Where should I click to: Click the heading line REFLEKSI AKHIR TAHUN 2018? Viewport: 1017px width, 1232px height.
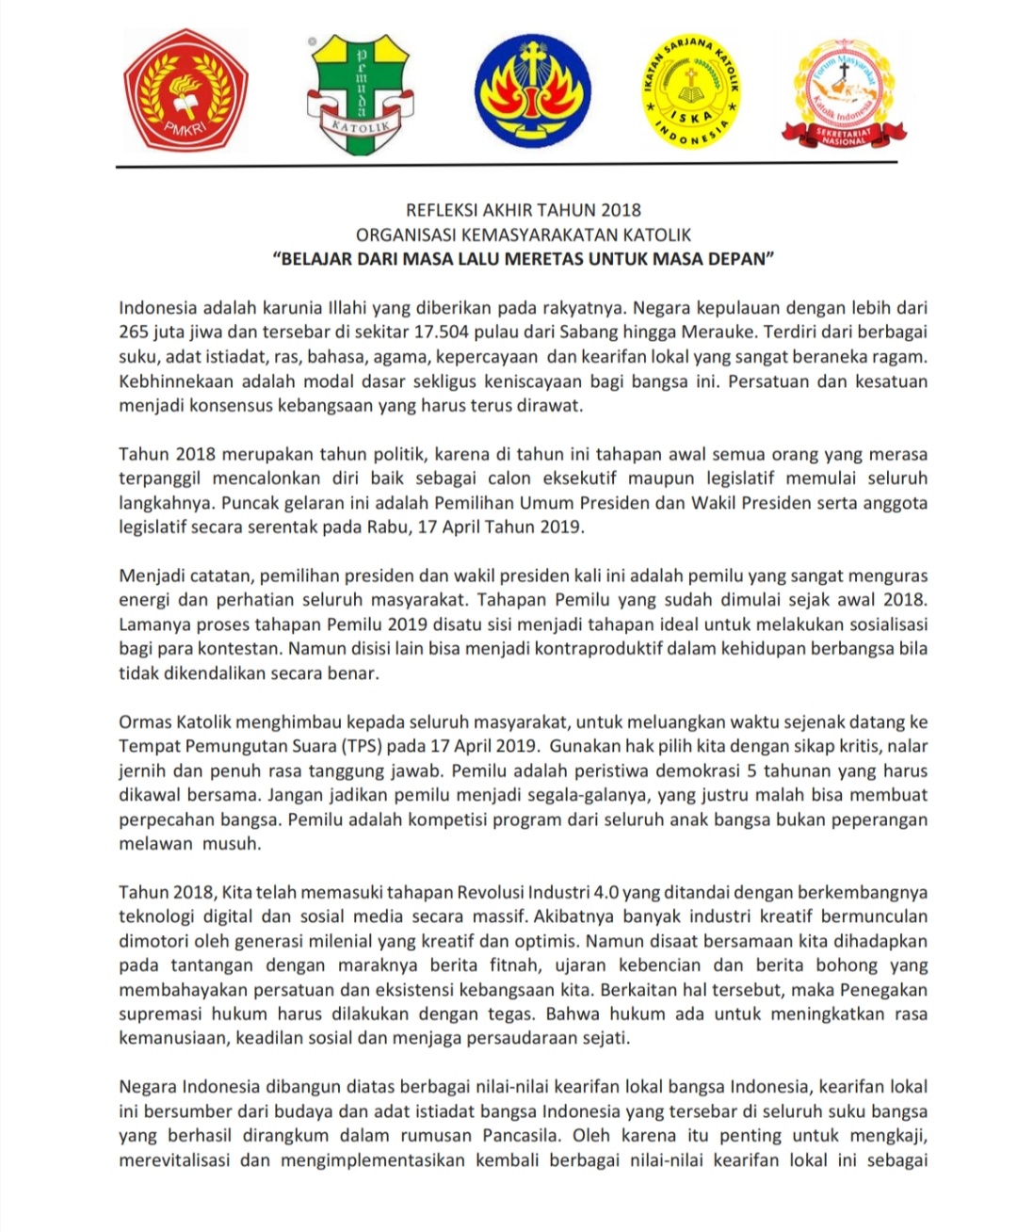tap(523, 210)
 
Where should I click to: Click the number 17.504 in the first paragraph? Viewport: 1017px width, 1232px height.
tap(508, 332)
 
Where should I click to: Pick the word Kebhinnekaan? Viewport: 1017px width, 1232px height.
tap(173, 381)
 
